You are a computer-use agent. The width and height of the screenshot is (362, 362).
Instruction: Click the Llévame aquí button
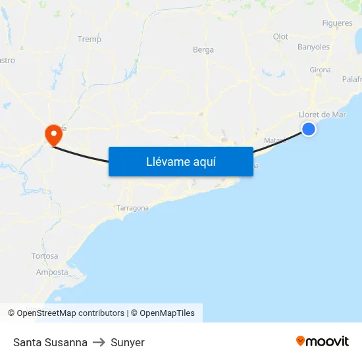point(180,161)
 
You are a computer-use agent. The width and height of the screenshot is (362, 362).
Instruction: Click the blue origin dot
point(309,130)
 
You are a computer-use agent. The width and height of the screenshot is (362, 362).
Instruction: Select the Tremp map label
point(90,39)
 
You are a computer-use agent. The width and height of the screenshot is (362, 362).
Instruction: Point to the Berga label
point(203,50)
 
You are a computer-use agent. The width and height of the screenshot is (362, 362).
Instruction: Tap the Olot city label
point(280,37)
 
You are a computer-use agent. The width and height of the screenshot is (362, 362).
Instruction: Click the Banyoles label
point(313,47)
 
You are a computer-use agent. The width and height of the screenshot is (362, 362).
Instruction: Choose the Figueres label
point(337,24)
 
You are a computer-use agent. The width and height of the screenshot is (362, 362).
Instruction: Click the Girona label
point(320,70)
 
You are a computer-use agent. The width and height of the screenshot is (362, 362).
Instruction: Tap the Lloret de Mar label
point(323,115)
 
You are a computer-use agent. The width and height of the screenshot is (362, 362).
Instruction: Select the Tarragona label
point(132,208)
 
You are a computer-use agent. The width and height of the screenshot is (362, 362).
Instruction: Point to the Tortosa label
point(45,256)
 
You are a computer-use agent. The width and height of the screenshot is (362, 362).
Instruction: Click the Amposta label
point(52,272)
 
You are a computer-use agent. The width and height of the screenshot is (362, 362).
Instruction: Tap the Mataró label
point(275,141)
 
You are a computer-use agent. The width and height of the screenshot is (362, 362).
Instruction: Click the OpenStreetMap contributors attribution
point(70,313)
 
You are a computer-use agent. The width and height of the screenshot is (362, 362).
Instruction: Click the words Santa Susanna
point(50,342)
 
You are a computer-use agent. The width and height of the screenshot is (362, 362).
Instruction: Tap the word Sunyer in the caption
point(128,342)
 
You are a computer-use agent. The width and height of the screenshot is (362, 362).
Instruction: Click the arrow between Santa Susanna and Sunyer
point(99,342)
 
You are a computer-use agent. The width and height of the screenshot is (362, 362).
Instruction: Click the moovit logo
point(323,341)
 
